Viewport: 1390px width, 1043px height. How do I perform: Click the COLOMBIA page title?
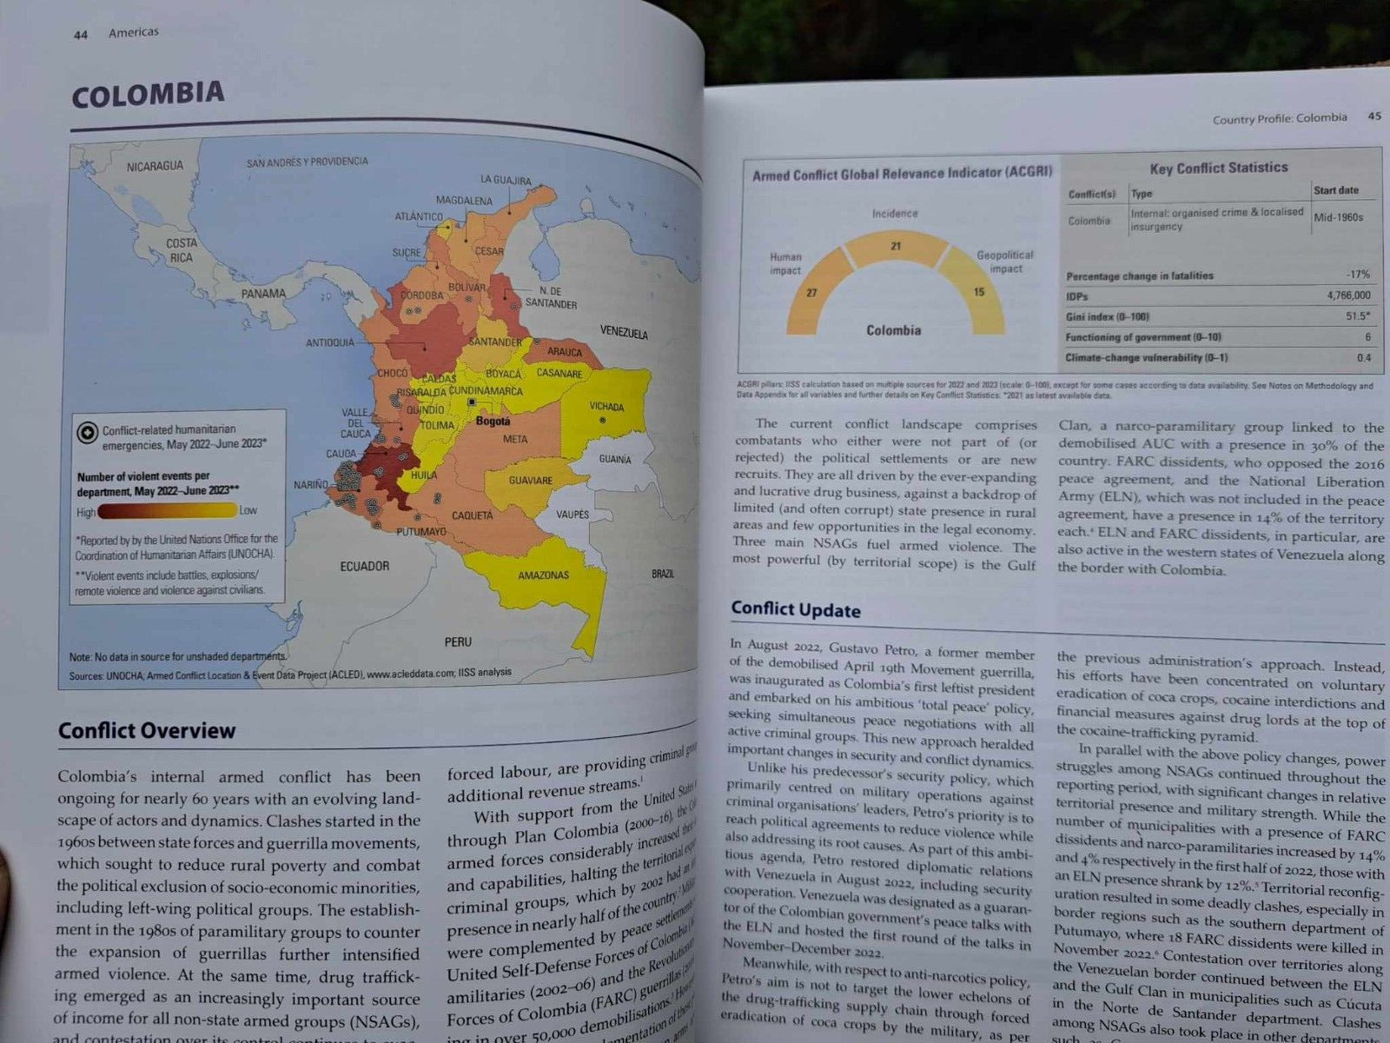(x=148, y=94)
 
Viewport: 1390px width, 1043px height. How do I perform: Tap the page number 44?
(x=81, y=35)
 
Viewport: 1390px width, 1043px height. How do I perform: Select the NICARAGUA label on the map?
(x=155, y=166)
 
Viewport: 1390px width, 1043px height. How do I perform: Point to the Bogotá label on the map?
(x=493, y=422)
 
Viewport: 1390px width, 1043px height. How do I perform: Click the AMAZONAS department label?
(x=543, y=575)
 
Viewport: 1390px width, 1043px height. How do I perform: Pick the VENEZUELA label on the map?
(x=623, y=333)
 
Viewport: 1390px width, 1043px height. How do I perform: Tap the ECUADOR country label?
(x=364, y=567)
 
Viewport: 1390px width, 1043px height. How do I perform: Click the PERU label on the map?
(x=458, y=642)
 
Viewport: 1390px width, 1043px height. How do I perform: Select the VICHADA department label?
(x=606, y=407)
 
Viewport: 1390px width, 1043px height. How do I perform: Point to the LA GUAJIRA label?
(x=506, y=180)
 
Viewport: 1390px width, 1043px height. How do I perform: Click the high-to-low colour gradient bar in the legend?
(x=167, y=511)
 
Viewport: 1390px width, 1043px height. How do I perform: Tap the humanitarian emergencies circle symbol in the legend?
(x=87, y=432)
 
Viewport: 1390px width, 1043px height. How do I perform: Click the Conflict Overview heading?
(x=147, y=730)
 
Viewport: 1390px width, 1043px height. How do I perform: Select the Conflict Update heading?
(x=795, y=609)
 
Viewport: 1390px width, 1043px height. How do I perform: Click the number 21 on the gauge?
(x=896, y=247)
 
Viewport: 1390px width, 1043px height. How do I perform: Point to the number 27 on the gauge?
(x=811, y=293)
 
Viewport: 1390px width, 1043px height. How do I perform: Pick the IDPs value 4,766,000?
(x=1348, y=296)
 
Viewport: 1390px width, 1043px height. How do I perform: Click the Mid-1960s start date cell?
(x=1338, y=217)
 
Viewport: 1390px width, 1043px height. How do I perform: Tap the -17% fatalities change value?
(x=1358, y=275)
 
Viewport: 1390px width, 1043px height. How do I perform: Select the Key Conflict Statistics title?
(x=1218, y=168)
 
